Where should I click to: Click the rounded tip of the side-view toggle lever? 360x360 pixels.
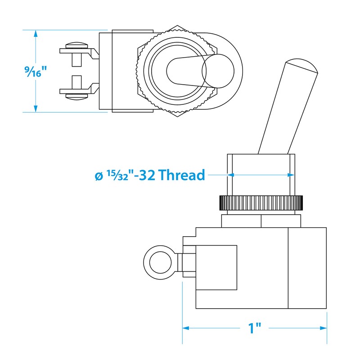point(301,65)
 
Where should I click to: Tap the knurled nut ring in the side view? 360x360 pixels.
point(261,203)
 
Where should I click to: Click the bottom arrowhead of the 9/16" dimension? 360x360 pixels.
point(36,109)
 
